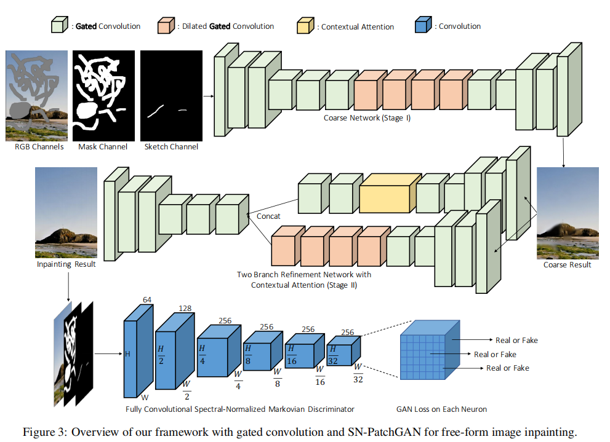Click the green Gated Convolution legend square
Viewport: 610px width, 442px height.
coord(58,26)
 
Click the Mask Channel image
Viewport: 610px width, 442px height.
coord(103,95)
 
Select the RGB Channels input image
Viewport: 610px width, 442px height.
coord(36,95)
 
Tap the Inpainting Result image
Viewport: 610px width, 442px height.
coord(66,213)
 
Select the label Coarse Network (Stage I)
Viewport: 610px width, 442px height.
coord(367,117)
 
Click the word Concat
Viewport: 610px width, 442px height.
coord(268,216)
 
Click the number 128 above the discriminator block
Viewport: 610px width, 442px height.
coord(186,308)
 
